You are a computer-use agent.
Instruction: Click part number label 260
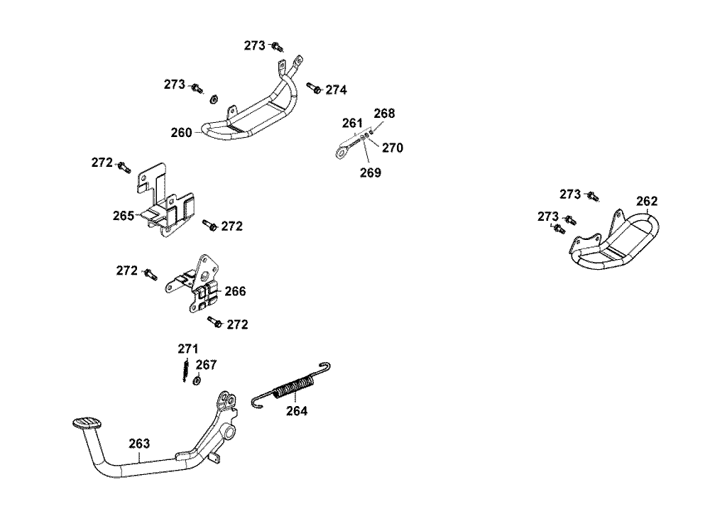(x=181, y=132)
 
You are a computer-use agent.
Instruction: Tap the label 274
(x=337, y=90)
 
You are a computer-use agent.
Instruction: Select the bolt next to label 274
(x=313, y=87)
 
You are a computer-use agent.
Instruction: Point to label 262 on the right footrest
(x=646, y=201)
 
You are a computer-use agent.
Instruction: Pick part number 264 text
(x=297, y=410)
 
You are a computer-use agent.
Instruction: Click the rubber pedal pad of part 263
(x=84, y=424)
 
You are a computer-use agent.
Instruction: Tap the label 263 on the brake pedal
(x=139, y=444)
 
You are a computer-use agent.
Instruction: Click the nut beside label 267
(x=197, y=381)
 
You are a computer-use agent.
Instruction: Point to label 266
(x=235, y=291)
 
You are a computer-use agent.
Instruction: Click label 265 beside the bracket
(x=124, y=215)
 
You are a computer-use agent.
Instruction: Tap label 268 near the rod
(x=384, y=114)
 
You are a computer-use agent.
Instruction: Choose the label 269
(x=370, y=172)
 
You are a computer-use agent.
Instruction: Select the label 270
(x=392, y=148)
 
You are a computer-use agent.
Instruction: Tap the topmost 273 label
(x=254, y=45)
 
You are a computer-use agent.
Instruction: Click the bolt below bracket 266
(x=213, y=322)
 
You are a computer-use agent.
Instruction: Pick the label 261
(x=352, y=124)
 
